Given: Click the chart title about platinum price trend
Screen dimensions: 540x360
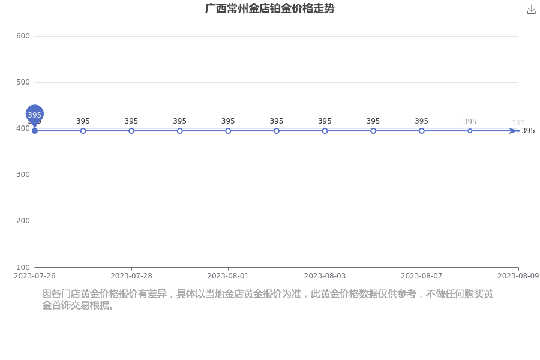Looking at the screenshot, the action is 269,8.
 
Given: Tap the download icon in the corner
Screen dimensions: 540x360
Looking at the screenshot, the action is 532,10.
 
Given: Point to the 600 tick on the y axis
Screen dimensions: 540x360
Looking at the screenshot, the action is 23,36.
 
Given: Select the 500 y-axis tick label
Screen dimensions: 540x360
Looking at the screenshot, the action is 23,82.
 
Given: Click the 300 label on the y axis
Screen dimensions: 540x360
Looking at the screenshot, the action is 23,175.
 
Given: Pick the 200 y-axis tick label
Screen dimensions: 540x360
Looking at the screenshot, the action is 23,221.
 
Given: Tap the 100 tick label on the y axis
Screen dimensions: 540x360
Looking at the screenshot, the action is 23,268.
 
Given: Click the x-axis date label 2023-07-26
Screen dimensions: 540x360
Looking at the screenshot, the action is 34,276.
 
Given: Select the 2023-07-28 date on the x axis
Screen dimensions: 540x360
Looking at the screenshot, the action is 131,276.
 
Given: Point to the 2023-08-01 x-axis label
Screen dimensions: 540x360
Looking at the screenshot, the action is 228,276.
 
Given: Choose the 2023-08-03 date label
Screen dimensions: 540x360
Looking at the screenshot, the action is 325,276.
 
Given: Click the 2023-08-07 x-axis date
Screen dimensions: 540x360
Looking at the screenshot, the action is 422,276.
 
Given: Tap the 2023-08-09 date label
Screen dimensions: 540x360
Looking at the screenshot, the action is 518,276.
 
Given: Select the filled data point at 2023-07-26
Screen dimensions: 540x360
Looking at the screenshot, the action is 34,131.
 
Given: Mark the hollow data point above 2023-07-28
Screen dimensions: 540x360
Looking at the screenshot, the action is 131,131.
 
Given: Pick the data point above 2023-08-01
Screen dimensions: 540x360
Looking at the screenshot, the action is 228,131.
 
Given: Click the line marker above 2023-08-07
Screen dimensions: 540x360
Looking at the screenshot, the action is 422,131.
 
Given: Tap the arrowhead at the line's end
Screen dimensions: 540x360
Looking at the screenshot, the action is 514,131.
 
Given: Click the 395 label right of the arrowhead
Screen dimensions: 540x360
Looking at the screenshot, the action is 528,131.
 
